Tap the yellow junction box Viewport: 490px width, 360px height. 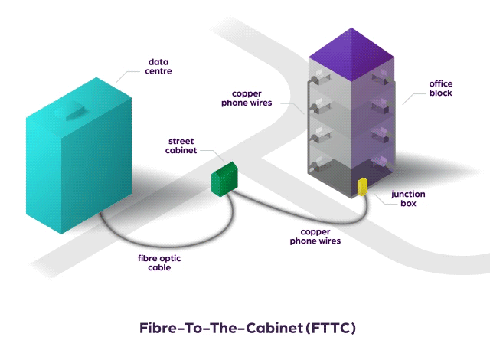point(363,186)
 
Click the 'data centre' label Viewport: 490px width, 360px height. point(159,66)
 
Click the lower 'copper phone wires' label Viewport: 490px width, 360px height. point(315,235)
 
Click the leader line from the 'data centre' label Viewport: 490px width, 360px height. point(126,75)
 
